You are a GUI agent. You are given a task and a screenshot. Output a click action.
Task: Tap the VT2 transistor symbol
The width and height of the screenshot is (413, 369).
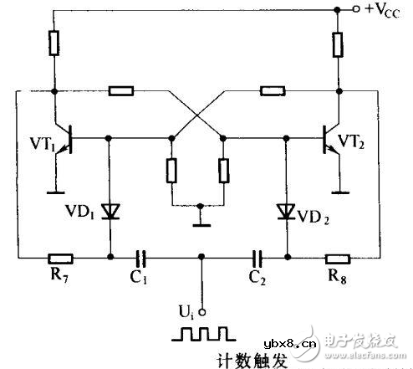tap(331, 136)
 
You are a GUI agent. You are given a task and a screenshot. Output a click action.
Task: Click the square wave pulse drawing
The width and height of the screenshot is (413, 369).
tap(201, 333)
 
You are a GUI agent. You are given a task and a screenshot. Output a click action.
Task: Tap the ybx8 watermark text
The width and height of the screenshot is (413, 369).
tap(283, 345)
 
